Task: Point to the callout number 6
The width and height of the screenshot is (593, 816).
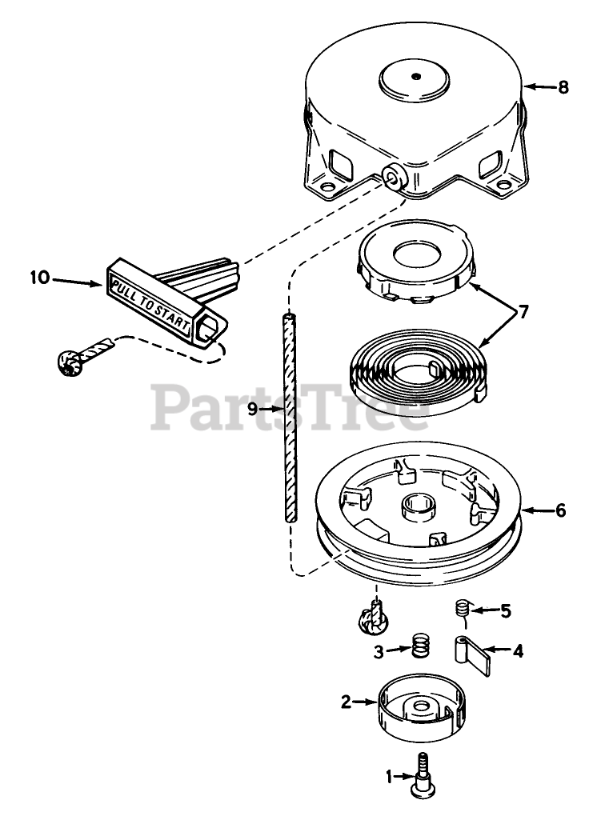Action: [560, 510]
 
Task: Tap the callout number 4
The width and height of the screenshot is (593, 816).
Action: [518, 650]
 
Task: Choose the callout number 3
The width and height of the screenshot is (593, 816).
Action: [377, 650]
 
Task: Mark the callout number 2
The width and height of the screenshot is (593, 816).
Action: [346, 702]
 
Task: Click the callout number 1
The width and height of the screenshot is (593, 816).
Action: [390, 775]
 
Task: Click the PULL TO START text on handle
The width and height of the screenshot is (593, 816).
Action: [150, 303]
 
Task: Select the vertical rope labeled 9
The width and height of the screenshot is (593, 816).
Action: [287, 416]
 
